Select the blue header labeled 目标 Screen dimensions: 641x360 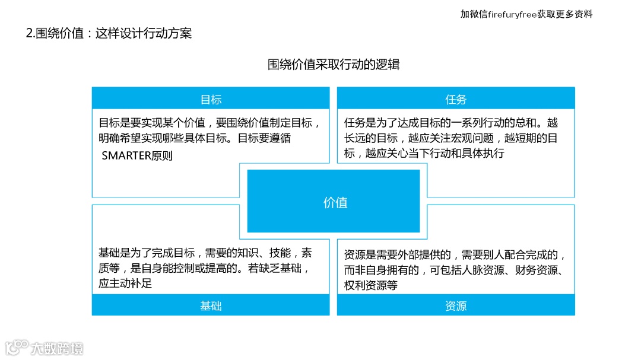point(211,100)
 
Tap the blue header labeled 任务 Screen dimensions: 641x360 point(456,100)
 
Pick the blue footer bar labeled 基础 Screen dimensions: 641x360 point(211,306)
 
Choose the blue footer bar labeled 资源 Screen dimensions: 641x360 point(456,306)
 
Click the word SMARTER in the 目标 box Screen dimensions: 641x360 point(126,157)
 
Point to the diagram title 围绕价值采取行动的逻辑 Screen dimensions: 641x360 point(334,65)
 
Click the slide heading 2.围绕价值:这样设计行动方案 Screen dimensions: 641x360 point(109,33)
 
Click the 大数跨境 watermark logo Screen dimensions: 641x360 point(45,347)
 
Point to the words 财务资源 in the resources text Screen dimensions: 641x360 point(547,270)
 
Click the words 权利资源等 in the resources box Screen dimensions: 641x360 point(370,285)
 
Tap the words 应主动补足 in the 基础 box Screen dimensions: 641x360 point(125,283)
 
